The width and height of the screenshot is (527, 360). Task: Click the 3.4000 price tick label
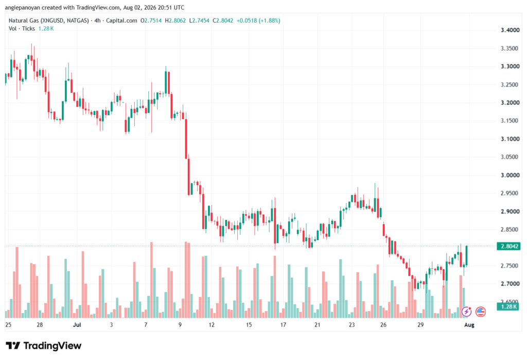[x=510, y=30]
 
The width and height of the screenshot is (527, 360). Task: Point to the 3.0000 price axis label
[x=510, y=175]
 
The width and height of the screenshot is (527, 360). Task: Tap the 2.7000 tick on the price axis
[x=510, y=284]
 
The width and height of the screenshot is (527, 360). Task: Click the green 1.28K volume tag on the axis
[x=508, y=306]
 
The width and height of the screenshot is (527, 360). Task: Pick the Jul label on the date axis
[x=77, y=324]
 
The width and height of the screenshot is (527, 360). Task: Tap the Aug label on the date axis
[x=469, y=324]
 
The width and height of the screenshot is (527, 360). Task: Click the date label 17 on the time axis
[x=283, y=324]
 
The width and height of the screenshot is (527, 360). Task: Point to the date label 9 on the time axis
[x=180, y=324]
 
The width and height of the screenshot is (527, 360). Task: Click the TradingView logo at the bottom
[x=44, y=346]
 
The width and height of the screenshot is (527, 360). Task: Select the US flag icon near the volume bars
[x=481, y=312]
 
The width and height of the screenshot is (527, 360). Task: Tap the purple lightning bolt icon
[x=466, y=312]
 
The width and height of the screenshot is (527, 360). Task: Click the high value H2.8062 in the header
[x=175, y=21]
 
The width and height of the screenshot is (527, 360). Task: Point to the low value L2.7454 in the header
[x=199, y=21]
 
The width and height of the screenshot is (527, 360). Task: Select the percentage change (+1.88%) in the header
[x=269, y=21]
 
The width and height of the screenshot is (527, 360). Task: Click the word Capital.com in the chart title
[x=121, y=21]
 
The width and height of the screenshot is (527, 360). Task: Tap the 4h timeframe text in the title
[x=97, y=21]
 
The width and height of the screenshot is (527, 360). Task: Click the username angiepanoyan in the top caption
[x=22, y=7]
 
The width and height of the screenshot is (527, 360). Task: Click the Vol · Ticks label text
[x=22, y=29]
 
